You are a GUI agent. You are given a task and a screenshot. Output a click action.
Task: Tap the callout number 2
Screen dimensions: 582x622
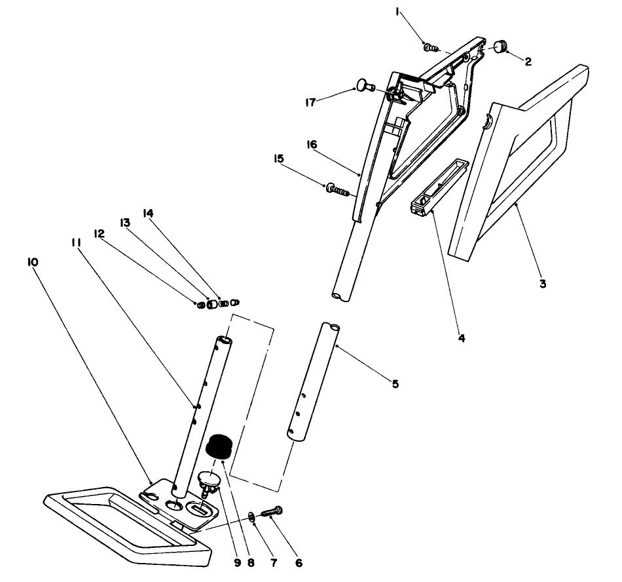pos(527,62)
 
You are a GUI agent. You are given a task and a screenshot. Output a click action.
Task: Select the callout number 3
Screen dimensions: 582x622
pos(542,284)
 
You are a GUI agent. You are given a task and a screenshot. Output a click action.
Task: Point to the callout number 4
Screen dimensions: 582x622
pos(461,338)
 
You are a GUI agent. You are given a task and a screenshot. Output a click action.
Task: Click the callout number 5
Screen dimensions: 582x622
pos(395,383)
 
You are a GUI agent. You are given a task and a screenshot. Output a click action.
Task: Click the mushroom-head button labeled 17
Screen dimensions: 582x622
pos(363,85)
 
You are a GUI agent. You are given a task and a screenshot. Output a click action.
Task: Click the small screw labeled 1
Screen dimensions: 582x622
pos(431,47)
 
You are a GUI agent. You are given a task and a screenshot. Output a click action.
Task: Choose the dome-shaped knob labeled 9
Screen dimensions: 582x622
pos(210,481)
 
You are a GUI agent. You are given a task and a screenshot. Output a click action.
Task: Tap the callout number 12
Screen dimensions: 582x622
pos(100,233)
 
